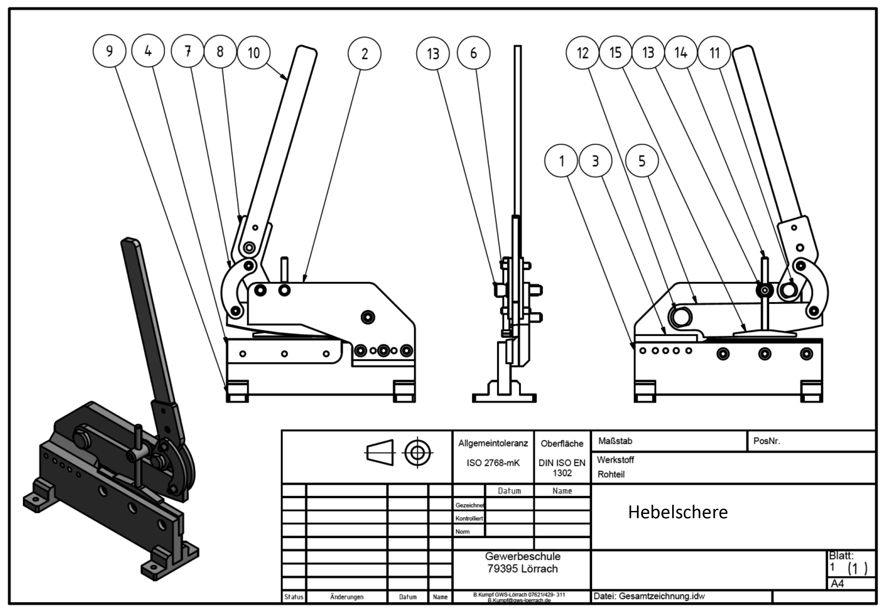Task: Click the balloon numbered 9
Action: [109, 51]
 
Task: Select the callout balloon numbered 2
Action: [364, 54]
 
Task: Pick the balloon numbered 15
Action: [615, 52]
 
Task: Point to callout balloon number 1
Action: [561, 161]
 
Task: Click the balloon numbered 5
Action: [642, 161]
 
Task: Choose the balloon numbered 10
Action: [253, 52]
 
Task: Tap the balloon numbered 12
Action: [583, 53]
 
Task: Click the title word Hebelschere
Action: [678, 512]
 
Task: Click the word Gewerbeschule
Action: [522, 556]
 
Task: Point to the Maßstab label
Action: [615, 441]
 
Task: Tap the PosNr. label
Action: [766, 441]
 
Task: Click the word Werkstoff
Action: [615, 460]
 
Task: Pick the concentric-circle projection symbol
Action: [417, 453]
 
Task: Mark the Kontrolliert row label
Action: [469, 518]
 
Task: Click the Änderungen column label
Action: [346, 597]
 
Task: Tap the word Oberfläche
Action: [562, 443]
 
